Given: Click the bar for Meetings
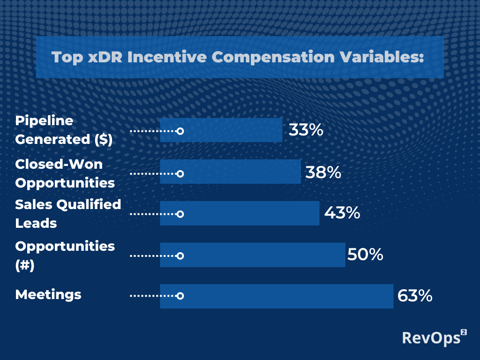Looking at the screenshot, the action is coord(277,296).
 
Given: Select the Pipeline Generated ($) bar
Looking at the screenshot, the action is coord(221,130).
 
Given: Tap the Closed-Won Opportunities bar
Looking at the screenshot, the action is coord(231,172).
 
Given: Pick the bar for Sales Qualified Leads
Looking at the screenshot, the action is coord(240,213).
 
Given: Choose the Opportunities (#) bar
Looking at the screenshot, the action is coord(253,255).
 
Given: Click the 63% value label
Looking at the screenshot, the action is coord(415,296).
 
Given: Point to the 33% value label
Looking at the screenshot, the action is coord(306,130).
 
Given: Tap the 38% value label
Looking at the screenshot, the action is coord(323,172).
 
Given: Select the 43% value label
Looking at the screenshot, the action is coord(342,212).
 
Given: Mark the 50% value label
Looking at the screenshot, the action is coord(365,255).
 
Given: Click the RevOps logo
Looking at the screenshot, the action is coord(435,337).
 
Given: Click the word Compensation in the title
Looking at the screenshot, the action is coord(273,57).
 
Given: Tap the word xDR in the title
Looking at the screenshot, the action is coord(105,57).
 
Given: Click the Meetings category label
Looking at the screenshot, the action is coord(48,295).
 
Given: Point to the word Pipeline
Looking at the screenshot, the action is coord(44,120).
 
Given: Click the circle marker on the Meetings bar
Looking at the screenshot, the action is coord(180,296).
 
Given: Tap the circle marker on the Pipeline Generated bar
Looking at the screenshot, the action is coord(180,131).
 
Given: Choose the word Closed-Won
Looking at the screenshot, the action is coord(59,164).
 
